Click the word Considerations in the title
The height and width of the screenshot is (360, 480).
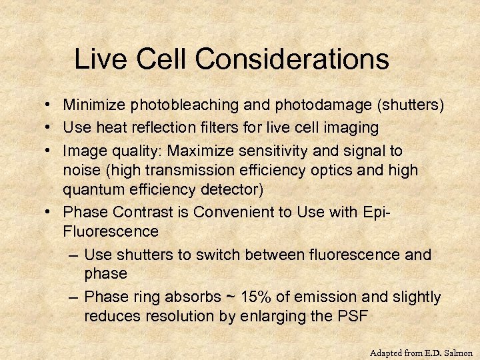click(x=292, y=59)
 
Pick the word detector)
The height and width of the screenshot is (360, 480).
click(x=237, y=189)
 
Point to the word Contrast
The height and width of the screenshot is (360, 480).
click(x=139, y=213)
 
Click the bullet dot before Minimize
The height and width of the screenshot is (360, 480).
click(x=51, y=105)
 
